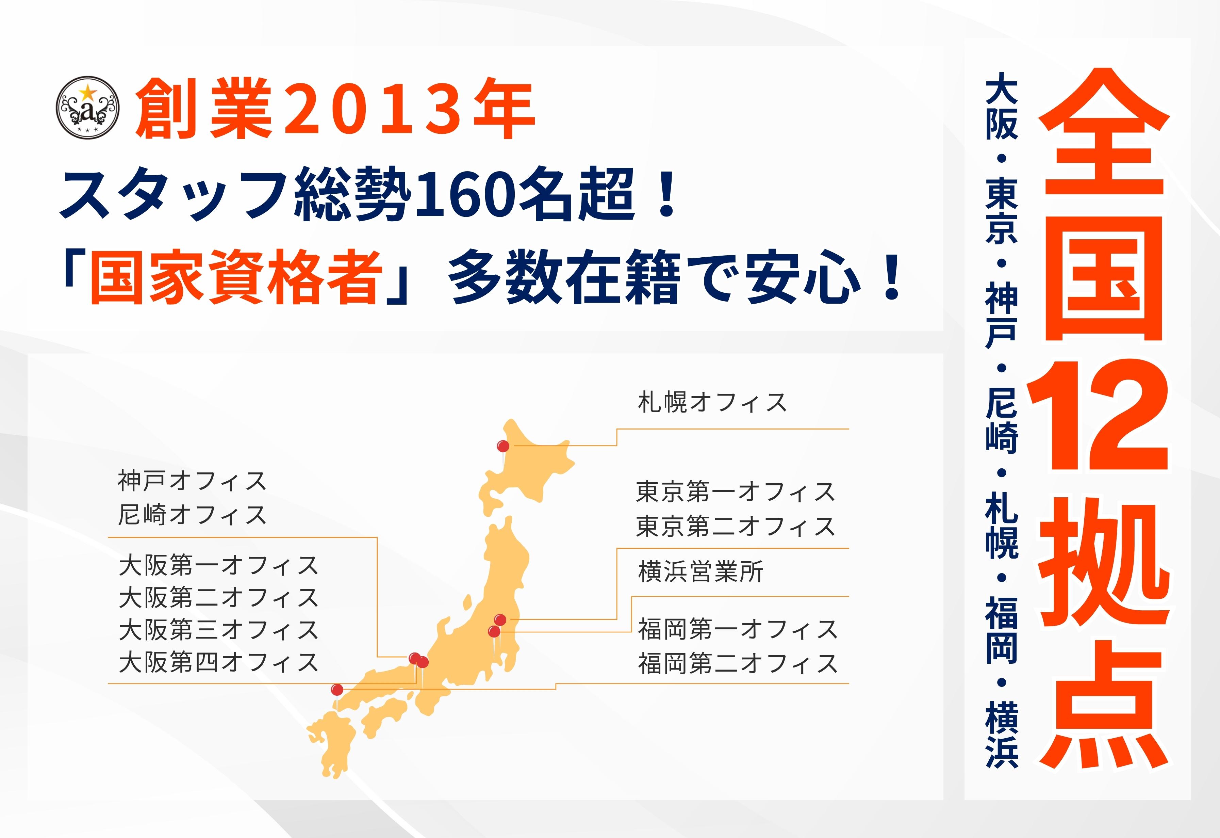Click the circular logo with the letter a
coord(88,107)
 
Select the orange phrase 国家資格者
coord(234,277)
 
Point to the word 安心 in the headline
coord(804,277)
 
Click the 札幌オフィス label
coord(712,403)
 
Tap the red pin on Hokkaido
coord(503,446)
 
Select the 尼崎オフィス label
coord(192,515)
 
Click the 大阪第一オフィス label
coord(218,565)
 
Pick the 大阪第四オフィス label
coord(218,662)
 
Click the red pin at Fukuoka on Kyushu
coord(337,689)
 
